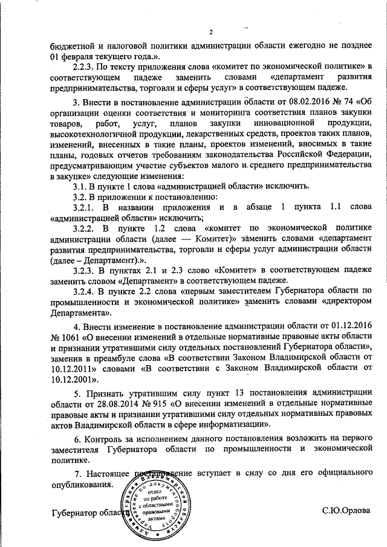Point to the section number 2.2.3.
click(x=86, y=65)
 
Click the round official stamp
click(x=155, y=502)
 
